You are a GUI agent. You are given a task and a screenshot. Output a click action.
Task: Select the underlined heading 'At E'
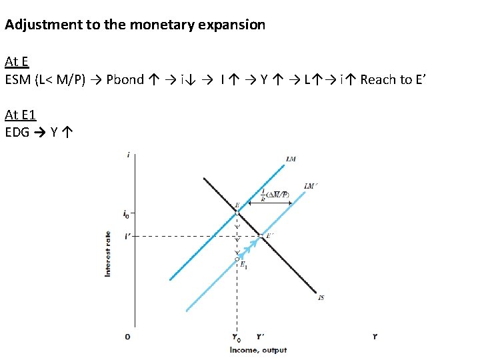(16, 62)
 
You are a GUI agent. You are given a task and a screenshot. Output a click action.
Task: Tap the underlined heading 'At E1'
(20, 115)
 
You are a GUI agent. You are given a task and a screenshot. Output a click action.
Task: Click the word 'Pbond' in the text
(125, 80)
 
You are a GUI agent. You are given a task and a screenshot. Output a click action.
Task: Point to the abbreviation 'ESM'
(17, 80)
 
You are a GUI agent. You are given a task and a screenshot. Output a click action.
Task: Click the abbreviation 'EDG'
(17, 132)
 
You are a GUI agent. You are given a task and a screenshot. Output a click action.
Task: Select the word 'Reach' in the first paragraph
(377, 80)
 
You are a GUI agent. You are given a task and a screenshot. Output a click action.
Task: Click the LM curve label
(291, 159)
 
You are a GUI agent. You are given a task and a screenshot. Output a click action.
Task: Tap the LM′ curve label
(310, 186)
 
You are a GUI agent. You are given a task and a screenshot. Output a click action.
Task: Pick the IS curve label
(321, 297)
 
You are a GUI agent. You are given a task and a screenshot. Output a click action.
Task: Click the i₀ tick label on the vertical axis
(127, 214)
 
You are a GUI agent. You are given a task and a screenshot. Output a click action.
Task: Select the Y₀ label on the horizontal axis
(237, 338)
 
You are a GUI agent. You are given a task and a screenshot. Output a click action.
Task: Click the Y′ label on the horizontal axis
(260, 337)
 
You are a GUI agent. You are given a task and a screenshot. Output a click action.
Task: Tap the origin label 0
(127, 337)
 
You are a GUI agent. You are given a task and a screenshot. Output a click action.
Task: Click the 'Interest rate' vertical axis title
(108, 254)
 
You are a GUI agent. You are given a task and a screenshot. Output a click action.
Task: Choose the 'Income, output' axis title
(258, 350)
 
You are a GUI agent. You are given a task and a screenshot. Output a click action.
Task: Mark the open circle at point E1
(237, 259)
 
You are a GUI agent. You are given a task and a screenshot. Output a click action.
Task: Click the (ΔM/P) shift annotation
(277, 195)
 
